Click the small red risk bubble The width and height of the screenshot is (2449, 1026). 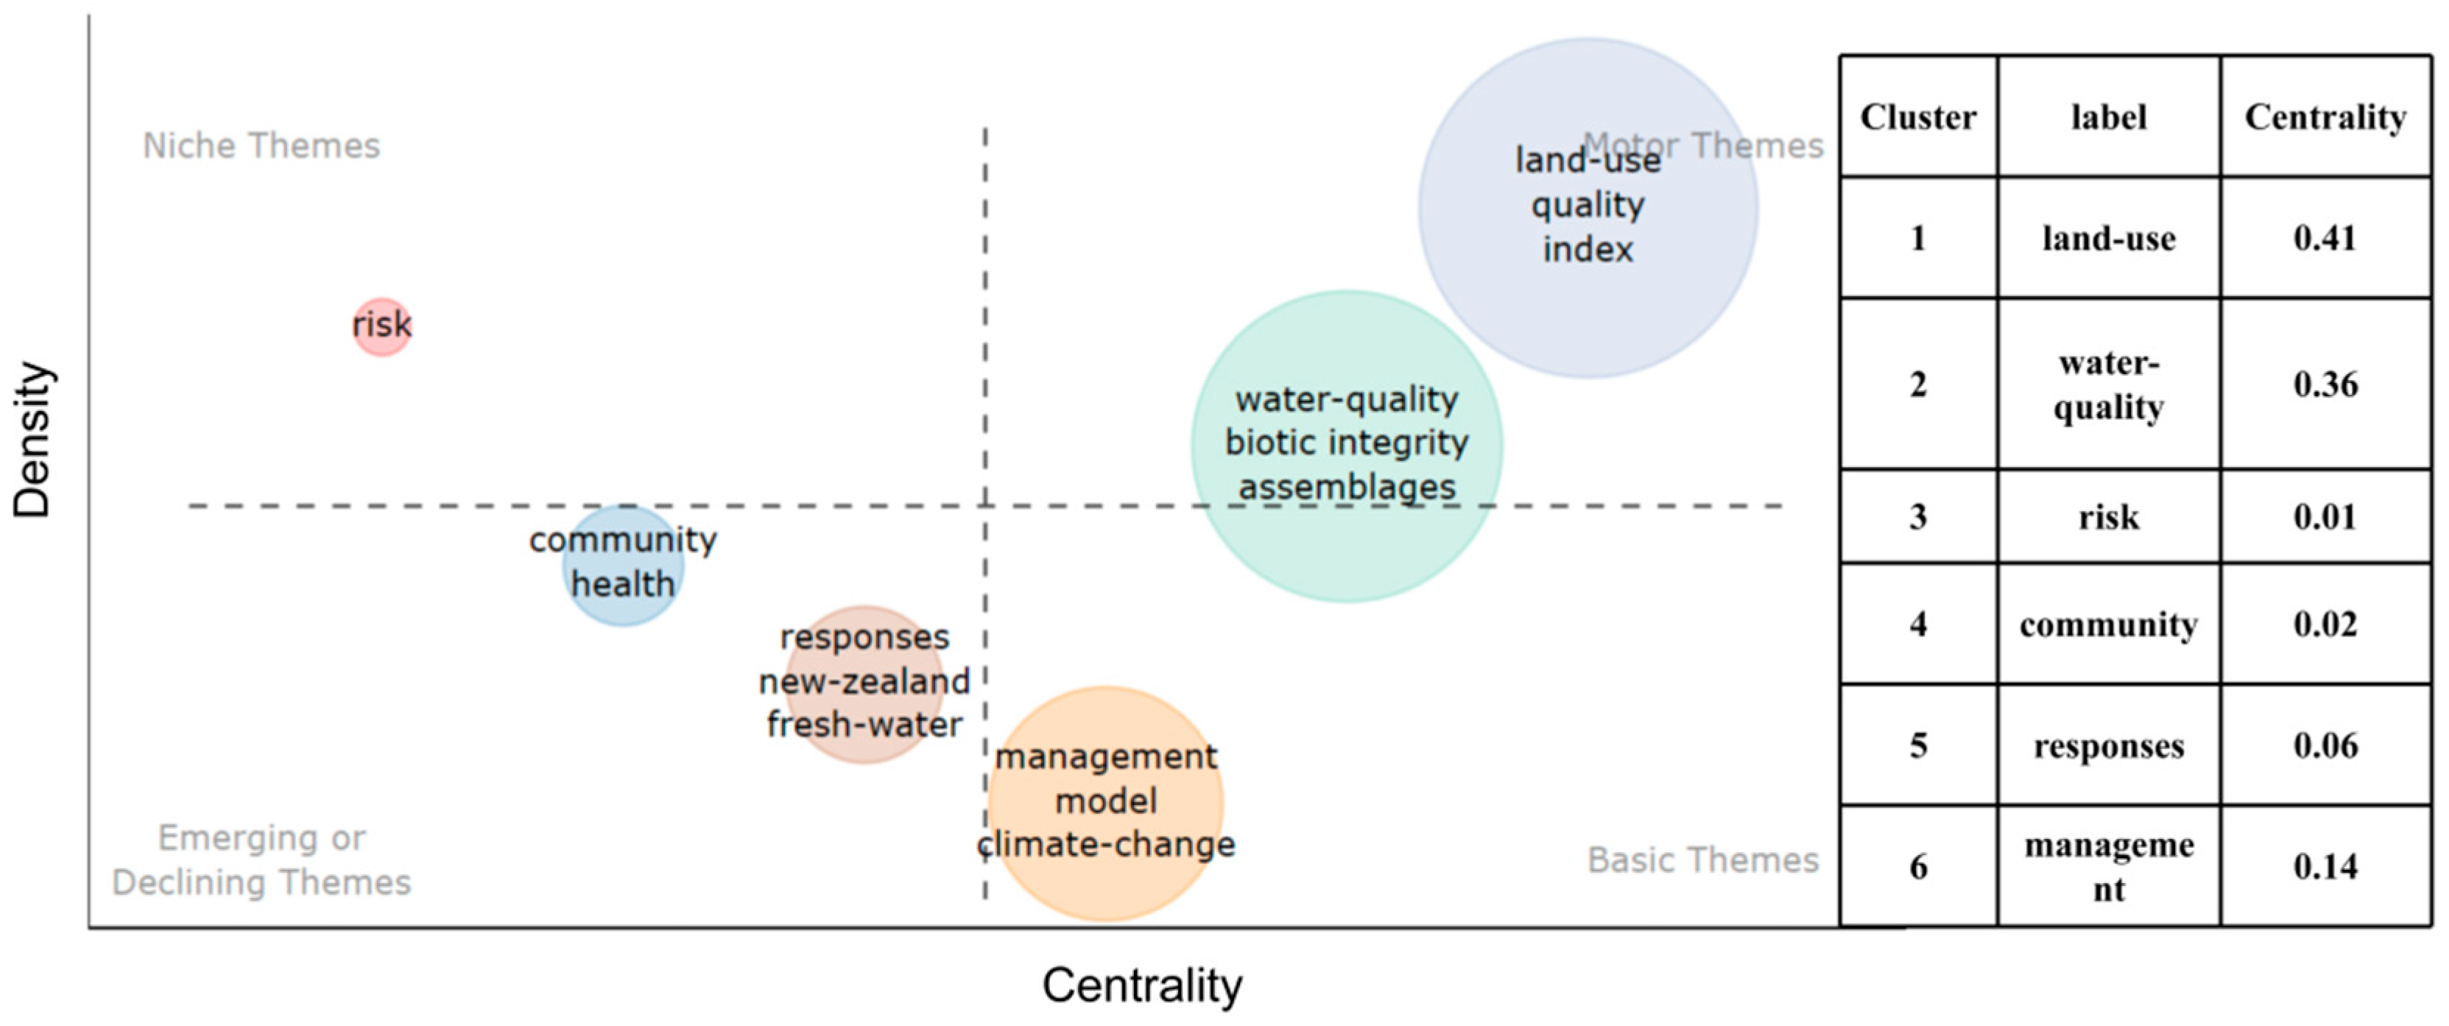pos(381,326)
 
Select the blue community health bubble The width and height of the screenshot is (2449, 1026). pos(623,565)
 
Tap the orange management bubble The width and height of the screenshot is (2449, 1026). pos(1106,804)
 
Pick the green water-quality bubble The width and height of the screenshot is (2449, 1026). pos(1346,445)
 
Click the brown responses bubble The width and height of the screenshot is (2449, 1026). pos(864,684)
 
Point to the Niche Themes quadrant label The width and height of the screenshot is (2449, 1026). pos(261,146)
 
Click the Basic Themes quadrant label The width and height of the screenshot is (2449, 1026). pos(1702,860)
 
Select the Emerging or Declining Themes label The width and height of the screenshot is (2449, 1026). pos(261,860)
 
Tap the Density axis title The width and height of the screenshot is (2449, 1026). pos(32,439)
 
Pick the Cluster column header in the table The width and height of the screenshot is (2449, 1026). pos(1917,117)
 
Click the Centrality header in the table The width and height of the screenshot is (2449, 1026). pos(2325,117)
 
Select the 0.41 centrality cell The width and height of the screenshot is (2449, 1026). pos(2325,238)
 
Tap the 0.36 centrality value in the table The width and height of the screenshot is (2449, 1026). pos(2325,384)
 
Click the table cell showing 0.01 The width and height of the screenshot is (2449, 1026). pos(2325,516)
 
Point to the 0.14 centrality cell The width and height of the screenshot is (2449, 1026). pos(2325,866)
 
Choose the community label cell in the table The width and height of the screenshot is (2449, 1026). pos(2109,624)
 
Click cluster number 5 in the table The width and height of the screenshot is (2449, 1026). pos(1917,745)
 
